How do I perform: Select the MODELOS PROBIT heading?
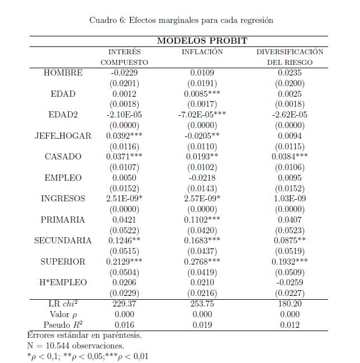pos(202,41)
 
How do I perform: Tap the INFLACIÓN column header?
pos(202,52)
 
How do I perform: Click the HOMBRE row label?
pos(63,73)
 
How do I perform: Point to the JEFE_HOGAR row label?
pos(63,136)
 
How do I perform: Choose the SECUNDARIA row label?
pos(63,241)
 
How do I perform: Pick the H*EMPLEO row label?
pos(63,282)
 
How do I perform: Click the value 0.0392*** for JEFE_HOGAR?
pos(124,136)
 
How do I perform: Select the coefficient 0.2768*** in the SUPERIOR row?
pos(202,262)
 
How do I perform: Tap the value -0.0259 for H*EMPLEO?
pos(290,282)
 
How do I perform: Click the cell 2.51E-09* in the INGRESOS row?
pos(124,199)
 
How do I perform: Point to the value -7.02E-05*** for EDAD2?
pos(202,115)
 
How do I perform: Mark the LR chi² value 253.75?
pos(202,304)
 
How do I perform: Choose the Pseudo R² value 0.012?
pos(290,324)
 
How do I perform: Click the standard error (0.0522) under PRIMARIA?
pos(124,230)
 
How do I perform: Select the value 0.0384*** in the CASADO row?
pos(290,157)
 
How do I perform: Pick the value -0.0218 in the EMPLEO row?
pos(202,178)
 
